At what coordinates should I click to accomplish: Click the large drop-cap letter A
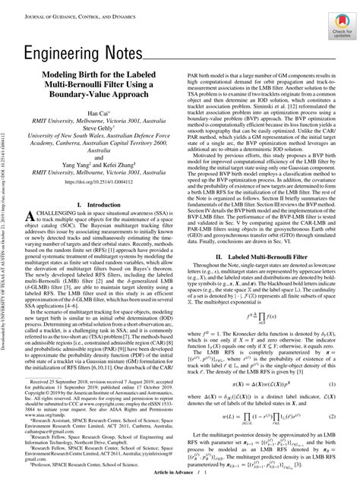[33, 219]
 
